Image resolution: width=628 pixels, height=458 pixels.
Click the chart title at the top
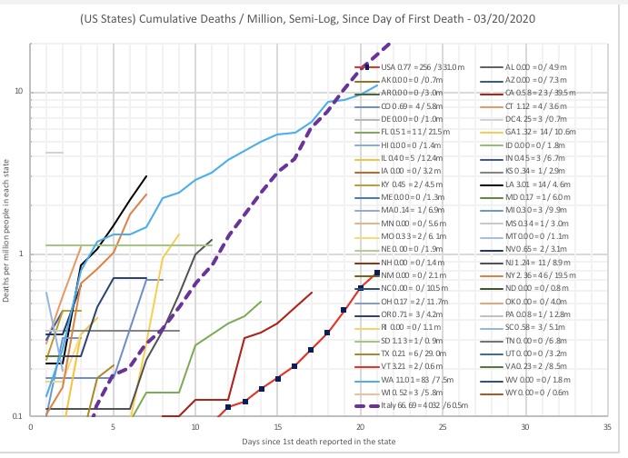(314, 18)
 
